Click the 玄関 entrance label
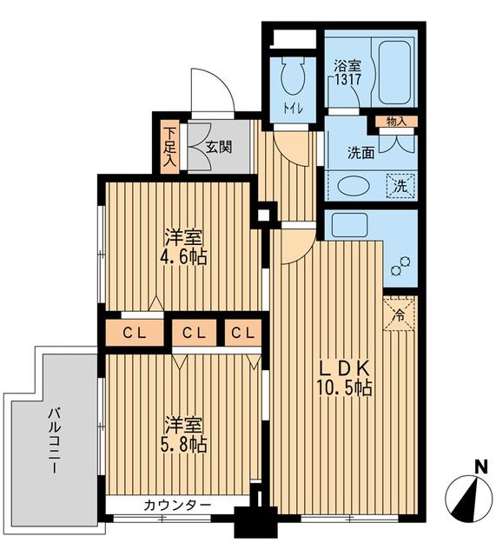219,146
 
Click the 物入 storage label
396,121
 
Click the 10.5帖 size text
345,388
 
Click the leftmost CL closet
133,332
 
